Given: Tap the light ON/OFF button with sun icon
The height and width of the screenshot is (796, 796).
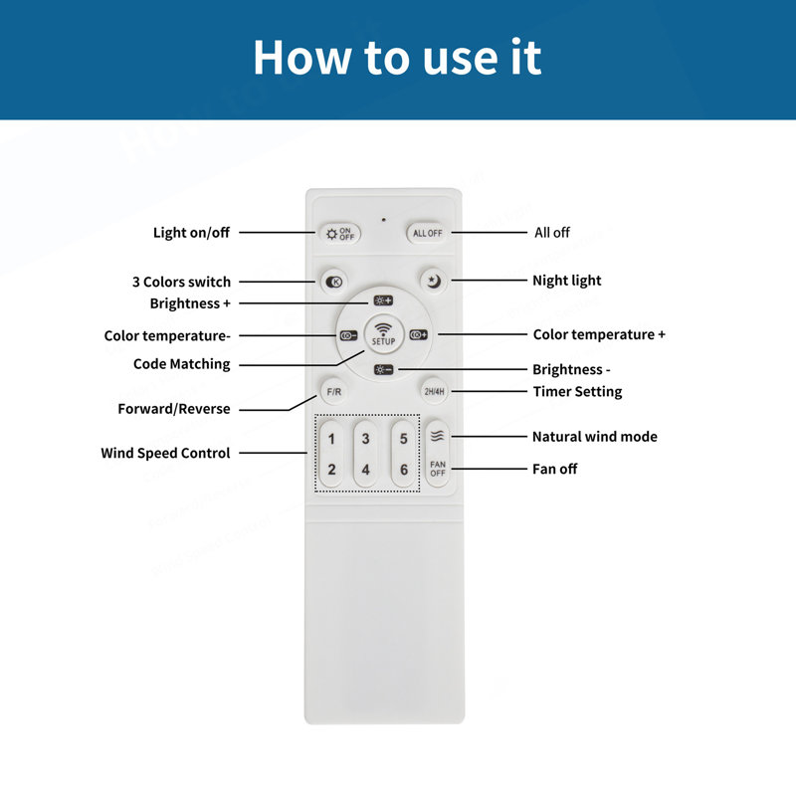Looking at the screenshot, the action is tap(340, 234).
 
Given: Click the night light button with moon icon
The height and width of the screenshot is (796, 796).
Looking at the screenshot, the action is tap(434, 281).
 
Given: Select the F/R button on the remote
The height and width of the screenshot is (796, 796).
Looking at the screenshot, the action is tap(333, 392).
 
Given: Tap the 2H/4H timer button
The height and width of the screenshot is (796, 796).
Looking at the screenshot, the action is tap(434, 391).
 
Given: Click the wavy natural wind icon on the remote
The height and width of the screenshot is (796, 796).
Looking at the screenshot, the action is tap(437, 436).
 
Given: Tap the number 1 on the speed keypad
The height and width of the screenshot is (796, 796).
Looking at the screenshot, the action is tap(331, 439).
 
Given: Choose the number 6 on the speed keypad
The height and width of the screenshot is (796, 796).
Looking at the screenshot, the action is tap(404, 470).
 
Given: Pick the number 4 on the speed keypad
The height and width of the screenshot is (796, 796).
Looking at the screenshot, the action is tap(365, 470).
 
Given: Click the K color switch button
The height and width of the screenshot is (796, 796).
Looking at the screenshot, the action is tap(333, 282).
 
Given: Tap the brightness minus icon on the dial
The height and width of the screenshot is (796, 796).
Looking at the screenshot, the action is tap(383, 369).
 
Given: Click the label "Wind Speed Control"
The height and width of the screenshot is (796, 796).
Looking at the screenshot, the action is tap(165, 453).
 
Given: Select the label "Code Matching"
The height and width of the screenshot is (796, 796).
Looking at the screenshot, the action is tap(182, 364).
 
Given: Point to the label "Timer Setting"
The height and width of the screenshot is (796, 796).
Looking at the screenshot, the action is tap(577, 391).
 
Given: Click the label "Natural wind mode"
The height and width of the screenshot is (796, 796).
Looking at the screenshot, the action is tap(594, 437).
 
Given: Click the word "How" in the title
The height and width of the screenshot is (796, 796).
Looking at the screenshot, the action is tap(302, 58).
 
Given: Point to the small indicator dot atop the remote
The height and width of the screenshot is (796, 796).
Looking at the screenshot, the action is tap(383, 220).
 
